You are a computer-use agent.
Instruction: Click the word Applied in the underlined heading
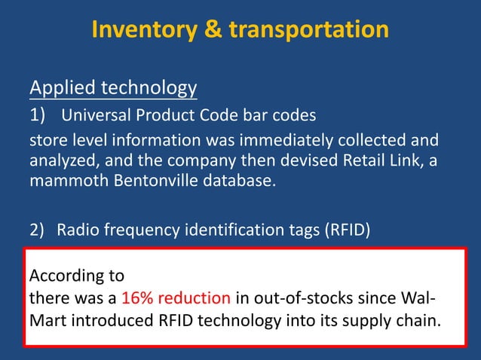pyautogui.click(x=61, y=89)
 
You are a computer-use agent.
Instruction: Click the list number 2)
pyautogui.click(x=38, y=230)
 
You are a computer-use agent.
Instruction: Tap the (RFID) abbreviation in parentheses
pyautogui.click(x=345, y=230)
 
